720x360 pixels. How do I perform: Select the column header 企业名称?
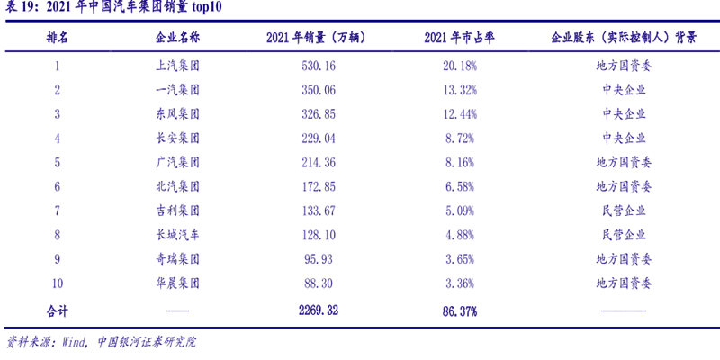tap(177, 39)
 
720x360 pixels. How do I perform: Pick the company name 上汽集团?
tap(177, 66)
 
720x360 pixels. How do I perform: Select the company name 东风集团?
tap(177, 114)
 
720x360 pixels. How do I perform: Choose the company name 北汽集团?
tap(177, 186)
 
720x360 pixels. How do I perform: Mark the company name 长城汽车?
tap(177, 235)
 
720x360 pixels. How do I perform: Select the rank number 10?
tap(57, 283)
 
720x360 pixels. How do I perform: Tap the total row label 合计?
tap(57, 310)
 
